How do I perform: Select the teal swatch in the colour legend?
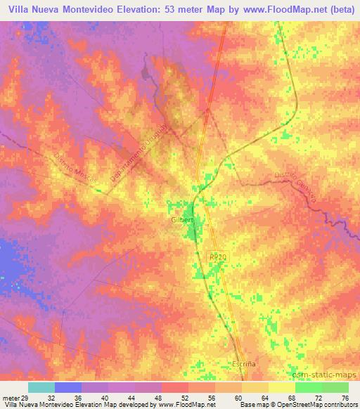pos(41,388)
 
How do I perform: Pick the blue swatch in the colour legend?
pos(68,388)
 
